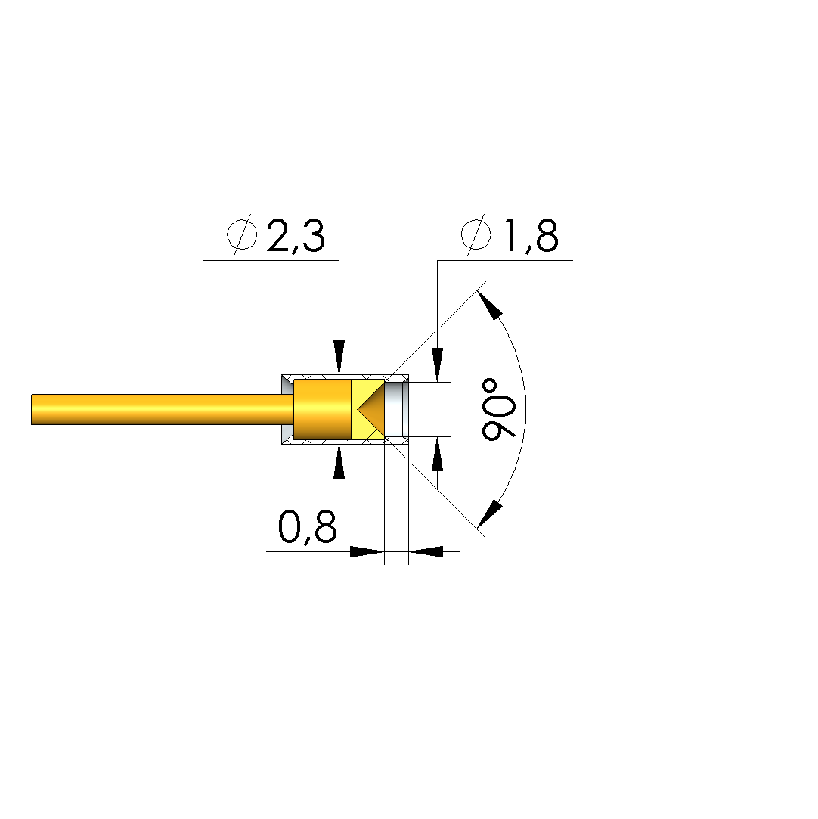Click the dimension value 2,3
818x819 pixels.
coord(296,237)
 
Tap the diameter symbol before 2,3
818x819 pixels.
coord(242,235)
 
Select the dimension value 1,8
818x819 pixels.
coord(530,237)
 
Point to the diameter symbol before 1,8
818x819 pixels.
coord(476,235)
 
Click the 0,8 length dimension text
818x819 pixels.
coord(308,526)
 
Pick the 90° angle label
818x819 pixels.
coord(498,410)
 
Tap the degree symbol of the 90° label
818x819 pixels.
coord(490,387)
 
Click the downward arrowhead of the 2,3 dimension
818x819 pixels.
coord(339,357)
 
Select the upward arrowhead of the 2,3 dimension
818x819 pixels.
coord(339,461)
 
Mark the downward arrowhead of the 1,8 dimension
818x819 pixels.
coord(438,365)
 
